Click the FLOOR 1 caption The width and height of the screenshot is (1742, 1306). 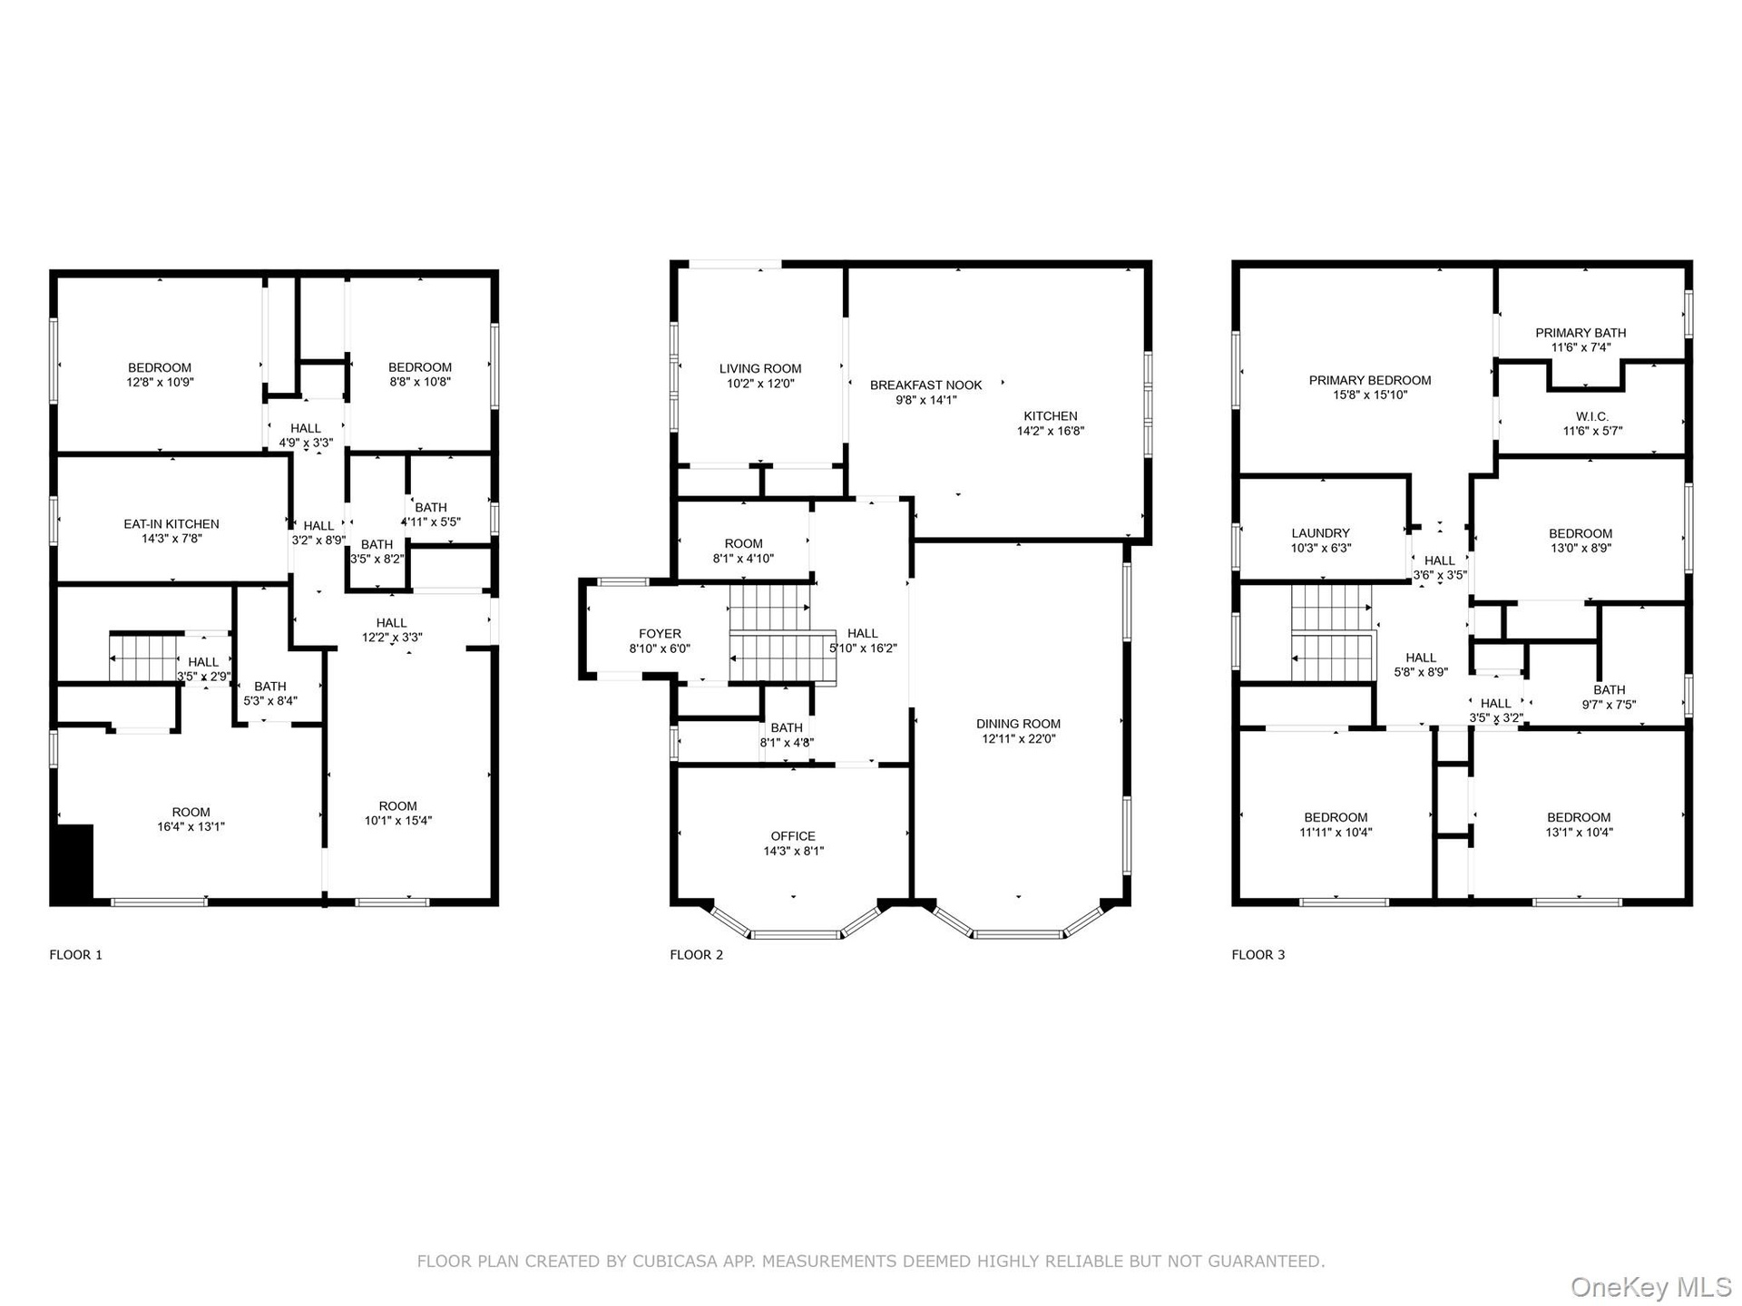pos(76,955)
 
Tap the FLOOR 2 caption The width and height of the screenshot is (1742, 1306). pos(697,955)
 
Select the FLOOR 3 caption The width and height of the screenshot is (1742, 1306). pos(1258,955)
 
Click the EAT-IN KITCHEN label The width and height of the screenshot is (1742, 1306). pos(171,524)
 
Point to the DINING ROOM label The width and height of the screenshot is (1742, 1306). pos(1018,724)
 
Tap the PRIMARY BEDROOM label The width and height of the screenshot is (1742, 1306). pos(1370,381)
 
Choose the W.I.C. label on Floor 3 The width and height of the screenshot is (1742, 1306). pos(1592,417)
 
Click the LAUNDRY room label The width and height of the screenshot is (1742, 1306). pos(1321,533)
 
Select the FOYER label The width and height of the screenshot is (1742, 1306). pos(660,634)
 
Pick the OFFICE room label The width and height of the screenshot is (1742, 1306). pos(793,836)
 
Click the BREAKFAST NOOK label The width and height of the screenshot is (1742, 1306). pos(925,385)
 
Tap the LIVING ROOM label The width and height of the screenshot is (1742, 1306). pos(760,369)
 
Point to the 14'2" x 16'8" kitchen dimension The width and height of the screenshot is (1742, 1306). pos(1051,432)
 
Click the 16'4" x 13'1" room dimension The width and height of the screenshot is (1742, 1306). pos(191,827)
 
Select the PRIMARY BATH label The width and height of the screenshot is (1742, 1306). pos(1581,333)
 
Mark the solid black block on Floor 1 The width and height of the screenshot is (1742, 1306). pos(73,863)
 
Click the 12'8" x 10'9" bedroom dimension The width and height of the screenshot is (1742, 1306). pos(160,383)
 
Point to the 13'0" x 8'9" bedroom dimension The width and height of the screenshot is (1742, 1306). pos(1581,549)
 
